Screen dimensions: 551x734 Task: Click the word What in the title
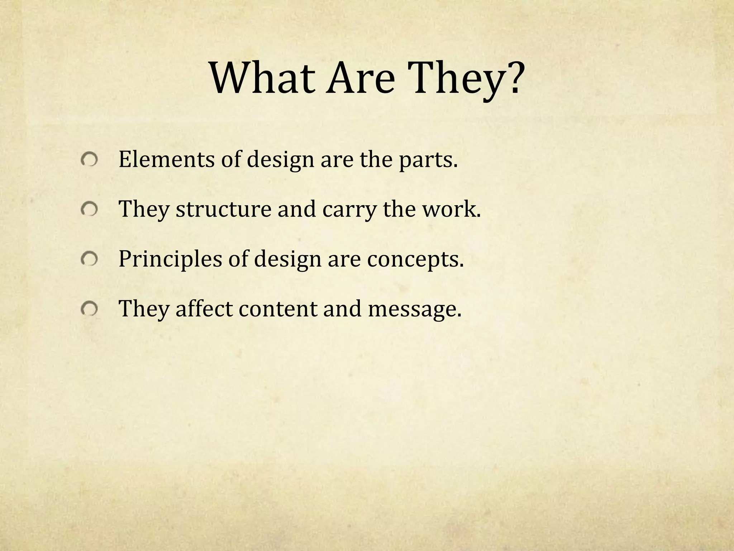click(261, 78)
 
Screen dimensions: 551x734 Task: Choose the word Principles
click(170, 259)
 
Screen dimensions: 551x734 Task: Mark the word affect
click(204, 308)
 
